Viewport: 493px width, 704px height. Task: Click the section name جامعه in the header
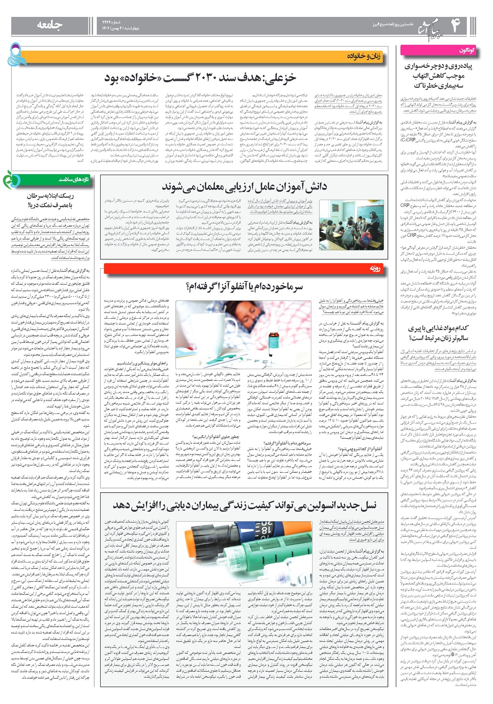[50, 25]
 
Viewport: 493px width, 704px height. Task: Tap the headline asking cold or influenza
[244, 287]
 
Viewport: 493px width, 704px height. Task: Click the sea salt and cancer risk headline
[50, 200]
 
